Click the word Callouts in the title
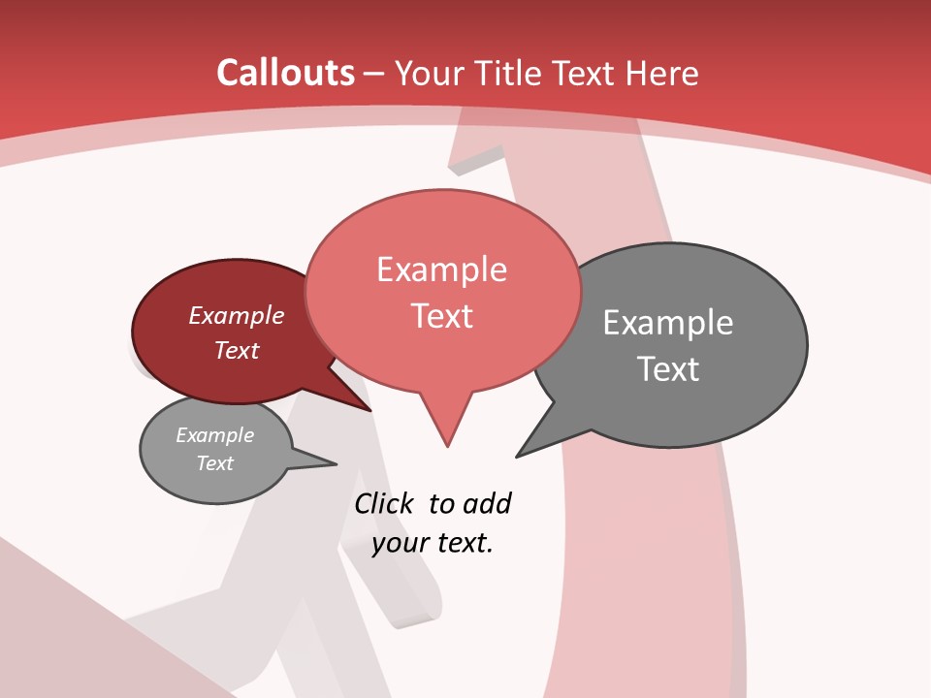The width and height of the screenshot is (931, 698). (285, 73)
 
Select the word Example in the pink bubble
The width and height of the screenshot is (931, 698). (441, 270)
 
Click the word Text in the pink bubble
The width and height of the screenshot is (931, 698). (441, 316)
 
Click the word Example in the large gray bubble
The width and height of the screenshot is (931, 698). (668, 323)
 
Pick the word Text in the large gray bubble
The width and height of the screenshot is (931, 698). (668, 369)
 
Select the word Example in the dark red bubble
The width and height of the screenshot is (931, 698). (237, 316)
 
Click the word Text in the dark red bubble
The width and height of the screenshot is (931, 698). (237, 351)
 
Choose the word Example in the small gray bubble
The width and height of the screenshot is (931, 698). (214, 435)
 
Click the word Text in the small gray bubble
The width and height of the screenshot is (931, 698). (214, 463)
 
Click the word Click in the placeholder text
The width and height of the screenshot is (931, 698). (384, 504)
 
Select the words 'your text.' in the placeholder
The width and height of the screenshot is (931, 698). (433, 543)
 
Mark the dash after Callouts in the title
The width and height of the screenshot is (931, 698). (375, 73)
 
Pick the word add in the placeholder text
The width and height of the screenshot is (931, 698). (487, 504)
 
